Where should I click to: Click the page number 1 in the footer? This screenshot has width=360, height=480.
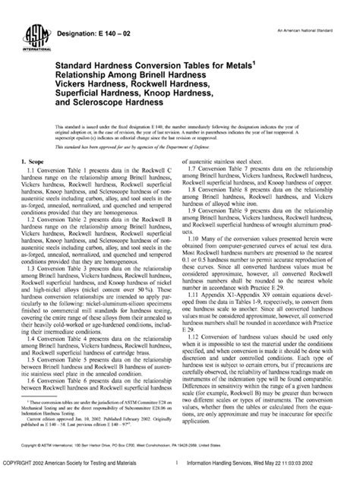tap(175, 470)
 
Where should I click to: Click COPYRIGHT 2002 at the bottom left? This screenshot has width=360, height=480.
tap(27, 470)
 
